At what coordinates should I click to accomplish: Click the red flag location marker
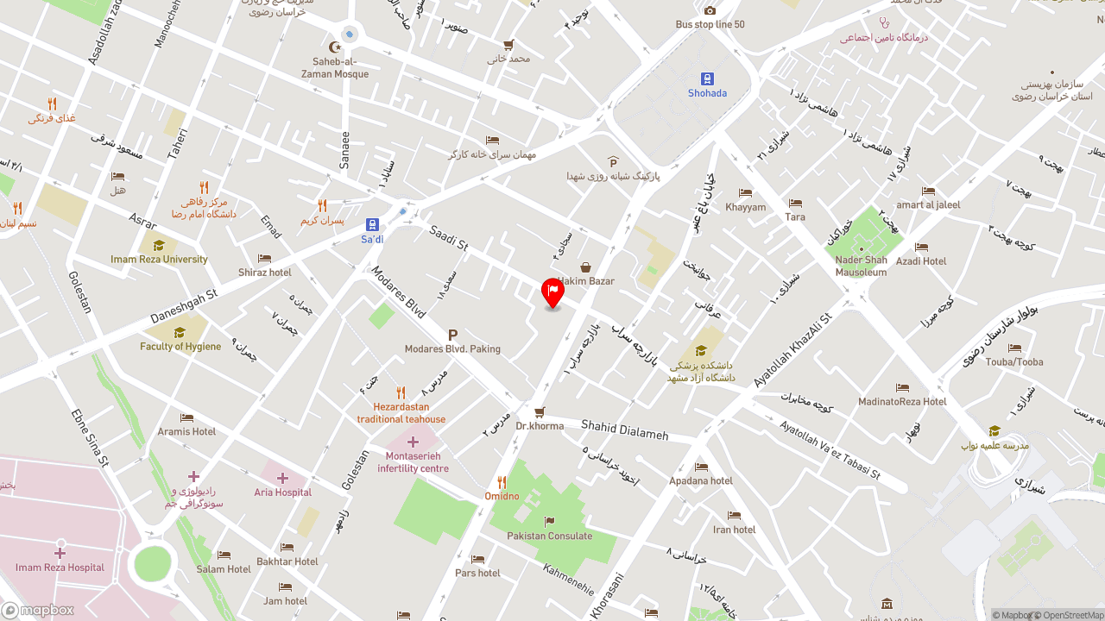click(x=552, y=292)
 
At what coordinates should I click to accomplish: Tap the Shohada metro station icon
click(x=707, y=78)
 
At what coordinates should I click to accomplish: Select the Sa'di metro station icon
click(x=372, y=224)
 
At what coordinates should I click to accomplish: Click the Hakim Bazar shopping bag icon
click(x=585, y=267)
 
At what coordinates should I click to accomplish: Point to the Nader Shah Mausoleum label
click(x=861, y=266)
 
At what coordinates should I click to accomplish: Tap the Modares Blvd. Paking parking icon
click(x=452, y=335)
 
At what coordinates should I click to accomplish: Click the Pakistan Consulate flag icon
click(x=549, y=521)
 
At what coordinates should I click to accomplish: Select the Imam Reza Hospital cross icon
click(x=60, y=553)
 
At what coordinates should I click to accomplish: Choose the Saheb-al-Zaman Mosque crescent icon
click(x=335, y=47)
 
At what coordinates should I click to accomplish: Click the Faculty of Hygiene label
click(x=180, y=347)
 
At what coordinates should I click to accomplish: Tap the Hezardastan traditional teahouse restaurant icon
click(x=401, y=392)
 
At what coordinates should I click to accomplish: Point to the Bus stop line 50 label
click(x=710, y=24)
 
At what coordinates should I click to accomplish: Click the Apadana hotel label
click(x=700, y=480)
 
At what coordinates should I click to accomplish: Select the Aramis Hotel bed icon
click(x=186, y=417)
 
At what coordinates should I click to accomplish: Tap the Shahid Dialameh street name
click(x=624, y=429)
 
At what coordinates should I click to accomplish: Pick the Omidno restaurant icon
click(x=502, y=482)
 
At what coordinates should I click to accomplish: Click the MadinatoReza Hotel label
click(x=902, y=401)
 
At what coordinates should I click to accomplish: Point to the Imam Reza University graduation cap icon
click(x=159, y=246)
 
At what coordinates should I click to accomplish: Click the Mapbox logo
click(x=38, y=610)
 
